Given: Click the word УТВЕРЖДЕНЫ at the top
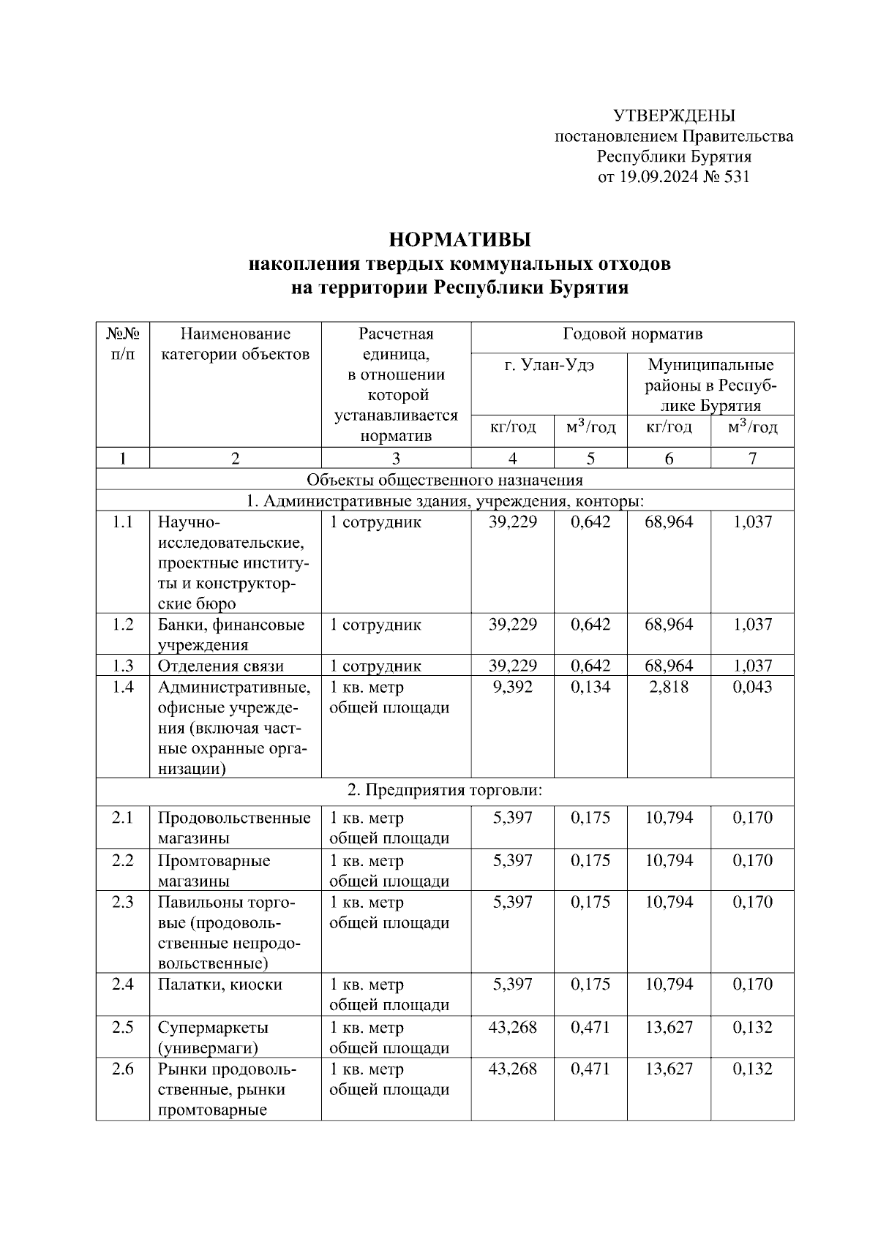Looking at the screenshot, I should coord(673,116).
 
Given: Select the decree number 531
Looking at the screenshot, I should coord(736,177).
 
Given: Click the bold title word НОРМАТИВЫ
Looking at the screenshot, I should coord(459,240).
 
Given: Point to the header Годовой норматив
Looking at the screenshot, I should coord(632,334).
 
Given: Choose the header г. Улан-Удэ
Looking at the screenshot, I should coord(549,365).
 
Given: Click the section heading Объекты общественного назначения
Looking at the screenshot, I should coord(445,480).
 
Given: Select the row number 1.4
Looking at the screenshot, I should coord(123,687).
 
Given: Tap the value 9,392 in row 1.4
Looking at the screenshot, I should coord(512,687).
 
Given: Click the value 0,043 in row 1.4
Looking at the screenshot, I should coord(752,687).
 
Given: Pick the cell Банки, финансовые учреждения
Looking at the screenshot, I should coord(231,635).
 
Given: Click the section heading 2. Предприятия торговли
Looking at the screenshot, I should coord(445,791).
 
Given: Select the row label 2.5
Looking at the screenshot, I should coord(123,1027).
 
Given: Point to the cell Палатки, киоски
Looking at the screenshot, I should coord(220,985).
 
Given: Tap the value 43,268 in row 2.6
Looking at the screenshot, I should coord(512,1069).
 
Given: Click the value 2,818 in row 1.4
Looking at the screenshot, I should coord(669,687).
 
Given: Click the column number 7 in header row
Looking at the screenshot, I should coord(752,459).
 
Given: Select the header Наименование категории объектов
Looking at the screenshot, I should coord(235,345).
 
